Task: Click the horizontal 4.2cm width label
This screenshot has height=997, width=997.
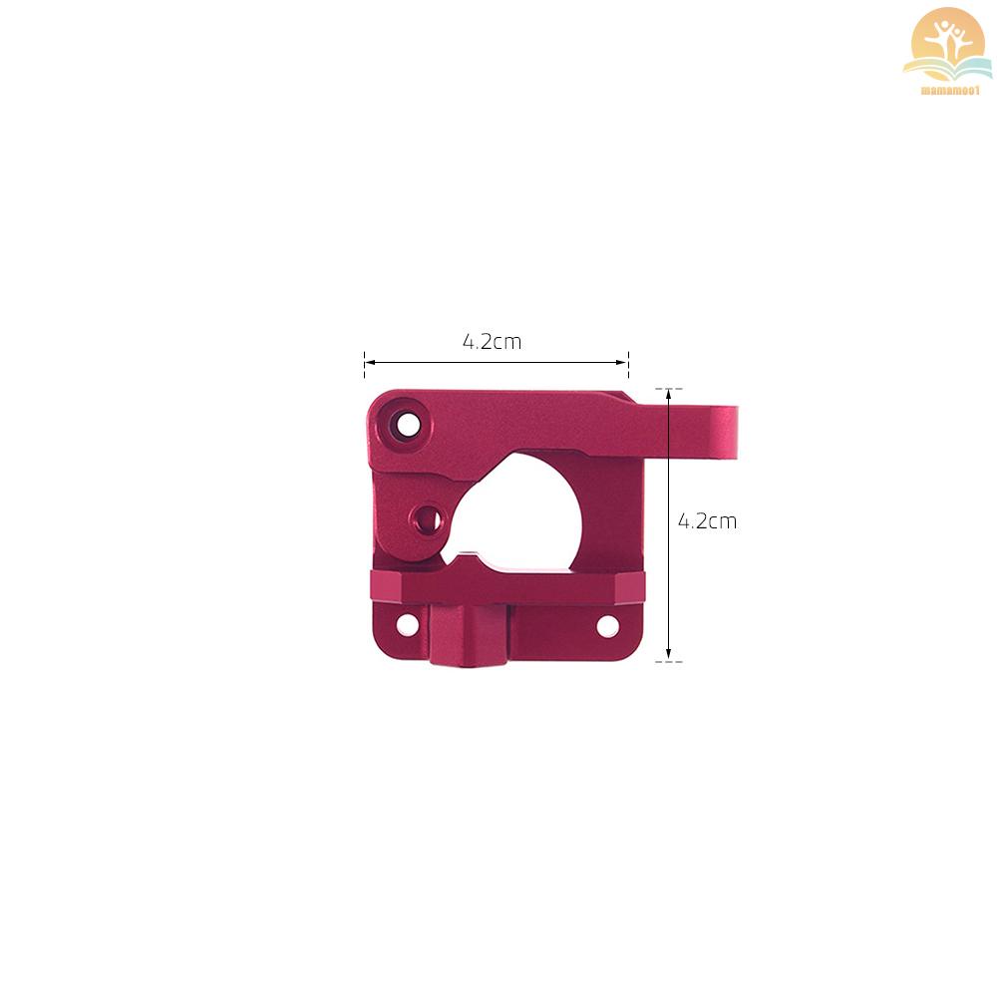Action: coord(493,342)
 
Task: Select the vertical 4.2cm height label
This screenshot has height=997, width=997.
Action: coord(707,521)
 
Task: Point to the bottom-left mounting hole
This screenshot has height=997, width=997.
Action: coord(407,624)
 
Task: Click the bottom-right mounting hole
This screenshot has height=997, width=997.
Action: coord(608,626)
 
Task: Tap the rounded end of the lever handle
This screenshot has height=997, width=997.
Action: coord(727,433)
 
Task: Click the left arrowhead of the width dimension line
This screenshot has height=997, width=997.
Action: coord(369,363)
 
